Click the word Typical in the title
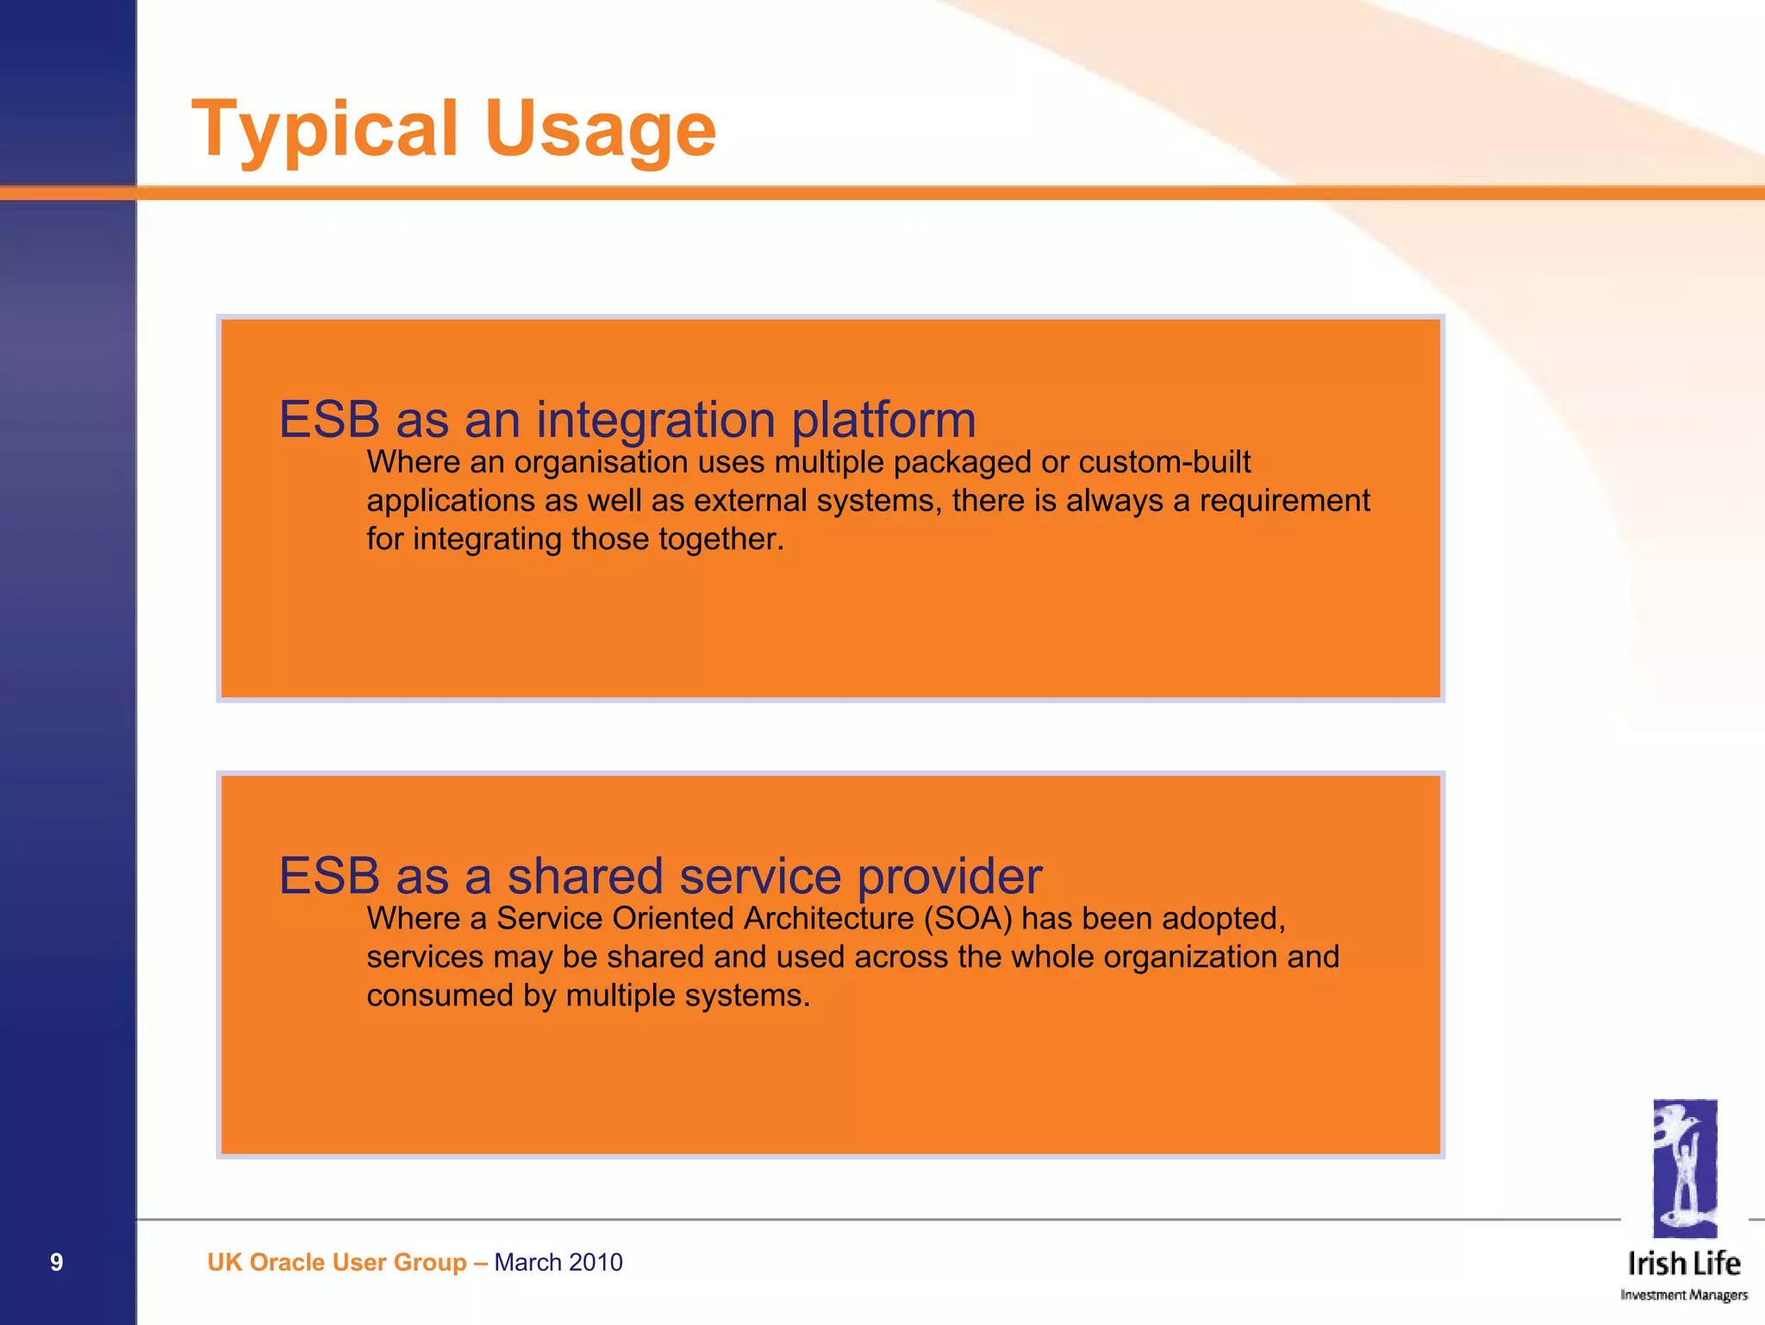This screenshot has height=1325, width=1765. click(x=324, y=129)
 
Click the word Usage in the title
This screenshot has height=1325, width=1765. click(x=600, y=129)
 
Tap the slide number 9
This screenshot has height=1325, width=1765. click(x=56, y=1262)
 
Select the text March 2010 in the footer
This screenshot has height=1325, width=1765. click(x=558, y=1262)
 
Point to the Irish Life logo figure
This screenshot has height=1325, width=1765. click(x=1684, y=1168)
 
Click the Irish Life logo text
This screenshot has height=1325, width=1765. click(x=1684, y=1264)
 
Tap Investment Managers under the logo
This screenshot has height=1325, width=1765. click(x=1684, y=1295)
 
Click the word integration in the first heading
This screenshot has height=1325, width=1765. click(x=655, y=420)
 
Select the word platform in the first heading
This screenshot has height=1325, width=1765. click(x=883, y=420)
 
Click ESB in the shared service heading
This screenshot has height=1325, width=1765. click(x=329, y=876)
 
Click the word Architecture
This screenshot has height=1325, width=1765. click(x=828, y=919)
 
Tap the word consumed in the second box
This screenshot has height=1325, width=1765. click(x=440, y=996)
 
